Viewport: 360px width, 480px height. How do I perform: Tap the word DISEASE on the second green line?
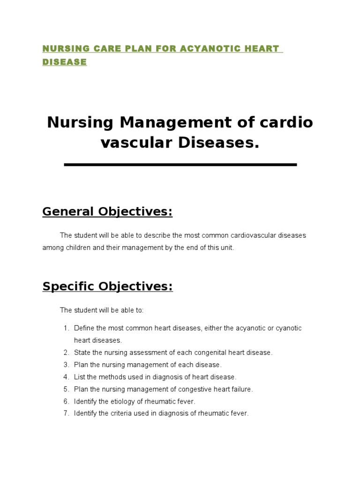pyautogui.click(x=65, y=62)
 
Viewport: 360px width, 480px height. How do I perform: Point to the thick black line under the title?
pyautogui.click(x=180, y=165)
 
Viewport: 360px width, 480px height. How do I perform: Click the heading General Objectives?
pyautogui.click(x=107, y=212)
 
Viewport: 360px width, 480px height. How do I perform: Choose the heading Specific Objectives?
pyautogui.click(x=107, y=286)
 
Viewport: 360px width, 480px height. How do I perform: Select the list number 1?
pyautogui.click(x=66, y=328)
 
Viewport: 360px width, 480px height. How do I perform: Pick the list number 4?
pyautogui.click(x=66, y=377)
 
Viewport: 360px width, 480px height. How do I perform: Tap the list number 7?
pyautogui.click(x=66, y=413)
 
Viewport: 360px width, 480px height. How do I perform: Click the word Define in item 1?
pyautogui.click(x=84, y=328)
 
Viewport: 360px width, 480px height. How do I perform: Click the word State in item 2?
pyautogui.click(x=82, y=352)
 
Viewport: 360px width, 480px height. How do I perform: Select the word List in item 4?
pyautogui.click(x=80, y=377)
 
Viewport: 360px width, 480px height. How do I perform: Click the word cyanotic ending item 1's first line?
pyautogui.click(x=288, y=328)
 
